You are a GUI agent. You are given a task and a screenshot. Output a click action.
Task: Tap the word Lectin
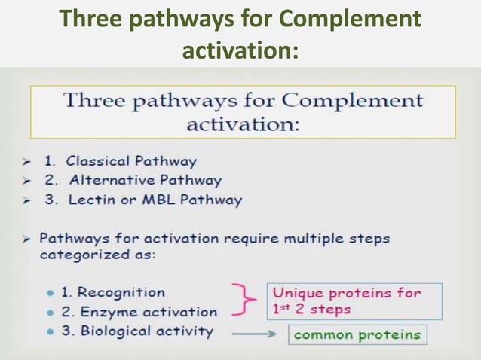[x=92, y=200]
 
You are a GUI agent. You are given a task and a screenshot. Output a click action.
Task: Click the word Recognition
[x=121, y=292]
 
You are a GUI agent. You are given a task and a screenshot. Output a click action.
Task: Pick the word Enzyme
[x=105, y=312]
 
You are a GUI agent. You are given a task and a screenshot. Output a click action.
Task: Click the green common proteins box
[x=357, y=334]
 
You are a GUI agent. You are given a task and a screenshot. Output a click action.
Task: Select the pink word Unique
[x=297, y=293]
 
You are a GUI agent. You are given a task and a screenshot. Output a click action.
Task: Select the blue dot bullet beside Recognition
[x=50, y=293]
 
